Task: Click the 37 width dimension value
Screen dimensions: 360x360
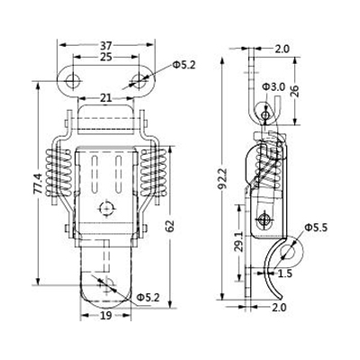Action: (106, 46)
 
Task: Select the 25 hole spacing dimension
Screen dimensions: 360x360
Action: (106, 57)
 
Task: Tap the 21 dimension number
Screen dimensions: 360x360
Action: (106, 98)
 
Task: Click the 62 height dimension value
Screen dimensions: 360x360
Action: (169, 227)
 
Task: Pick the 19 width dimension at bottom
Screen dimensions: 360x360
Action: (105, 315)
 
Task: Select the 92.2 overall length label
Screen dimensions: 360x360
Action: (222, 178)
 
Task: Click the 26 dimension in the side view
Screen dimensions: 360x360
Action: (294, 91)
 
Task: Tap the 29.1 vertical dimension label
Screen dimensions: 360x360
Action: (239, 242)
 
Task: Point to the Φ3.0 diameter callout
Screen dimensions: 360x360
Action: (273, 87)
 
